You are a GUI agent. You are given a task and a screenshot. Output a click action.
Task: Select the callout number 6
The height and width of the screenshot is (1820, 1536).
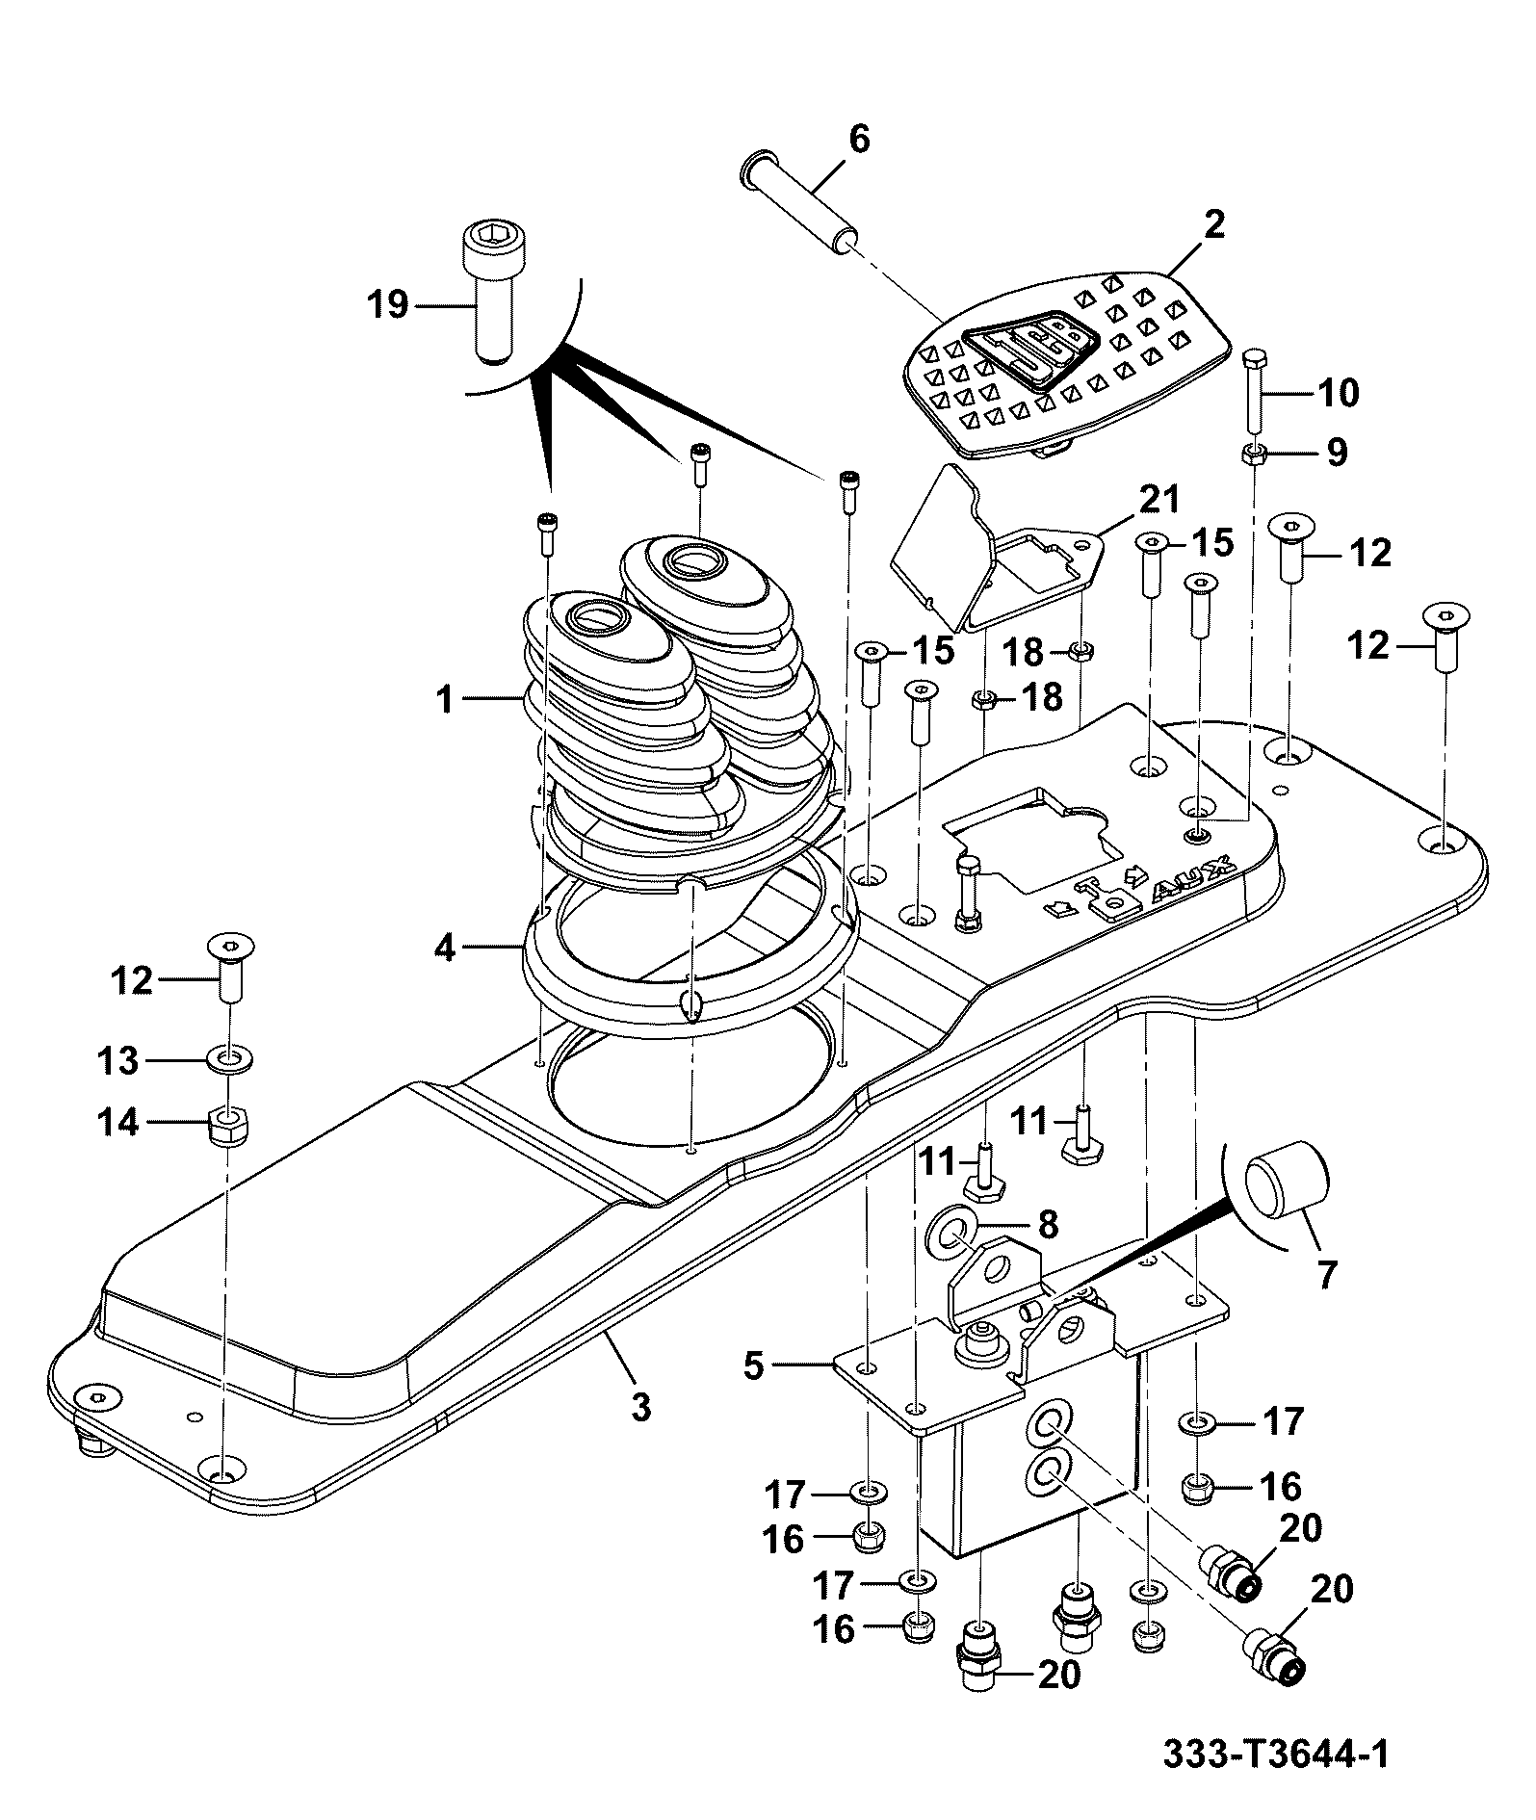(858, 140)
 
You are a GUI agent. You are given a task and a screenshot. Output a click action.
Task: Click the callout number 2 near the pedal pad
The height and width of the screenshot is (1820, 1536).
(1214, 225)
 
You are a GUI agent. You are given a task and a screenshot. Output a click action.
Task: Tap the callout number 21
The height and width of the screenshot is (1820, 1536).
(1159, 499)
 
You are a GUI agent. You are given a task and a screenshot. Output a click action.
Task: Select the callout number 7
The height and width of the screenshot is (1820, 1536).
(1326, 1274)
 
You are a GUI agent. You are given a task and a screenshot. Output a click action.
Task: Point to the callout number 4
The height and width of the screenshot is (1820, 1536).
(444, 948)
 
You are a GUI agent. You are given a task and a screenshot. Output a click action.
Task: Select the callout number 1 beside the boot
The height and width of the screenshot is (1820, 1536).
(444, 700)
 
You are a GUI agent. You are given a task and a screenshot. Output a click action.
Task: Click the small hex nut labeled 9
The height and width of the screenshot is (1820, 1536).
(1254, 455)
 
